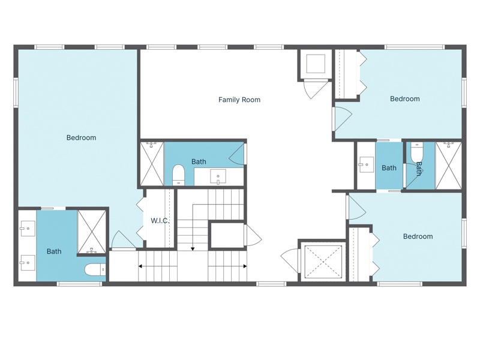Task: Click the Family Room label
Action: point(239,100)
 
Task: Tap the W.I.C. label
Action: point(160,221)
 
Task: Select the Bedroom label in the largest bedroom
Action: point(81,138)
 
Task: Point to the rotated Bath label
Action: point(418,169)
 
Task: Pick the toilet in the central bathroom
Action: point(178,175)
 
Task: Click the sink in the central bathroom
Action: point(218,177)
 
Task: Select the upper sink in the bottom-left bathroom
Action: point(28,229)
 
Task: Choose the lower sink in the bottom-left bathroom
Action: point(28,263)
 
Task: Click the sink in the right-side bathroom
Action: point(366,165)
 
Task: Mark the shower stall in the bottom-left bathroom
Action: point(92,232)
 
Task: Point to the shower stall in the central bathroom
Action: point(152,163)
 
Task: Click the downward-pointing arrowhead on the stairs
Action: point(193,248)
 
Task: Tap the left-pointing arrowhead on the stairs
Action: point(140,266)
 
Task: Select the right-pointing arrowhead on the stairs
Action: point(245,266)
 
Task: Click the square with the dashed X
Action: point(323,262)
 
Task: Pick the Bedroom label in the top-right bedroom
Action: point(404,99)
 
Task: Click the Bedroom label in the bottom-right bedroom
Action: point(418,236)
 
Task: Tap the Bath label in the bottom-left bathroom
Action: point(54,251)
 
